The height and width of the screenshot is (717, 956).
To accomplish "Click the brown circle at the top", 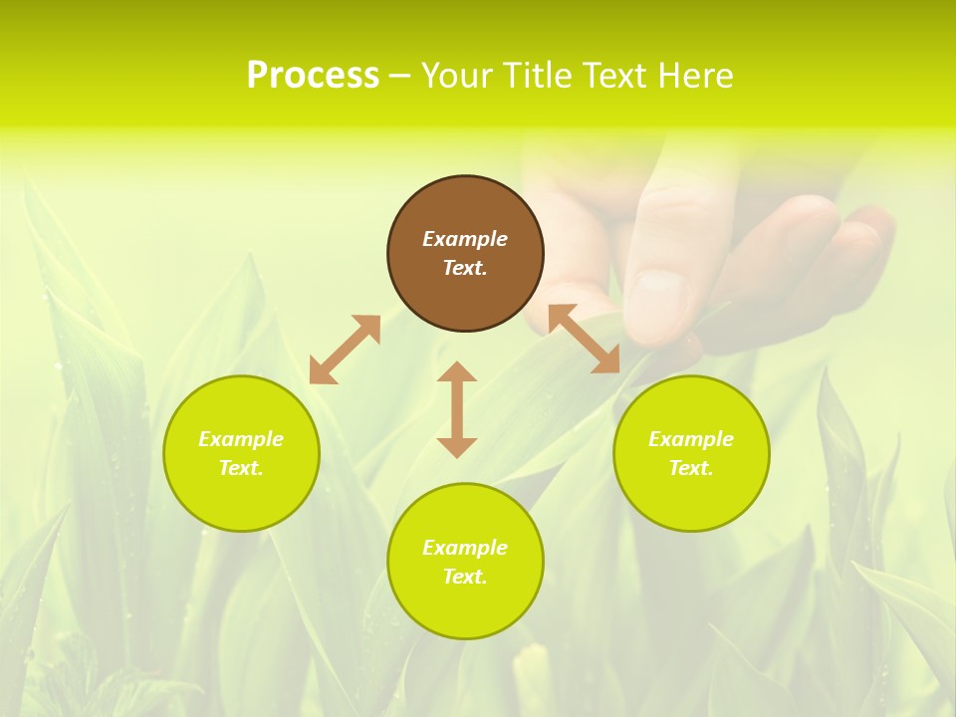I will [465, 254].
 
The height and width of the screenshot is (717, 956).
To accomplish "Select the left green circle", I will [241, 453].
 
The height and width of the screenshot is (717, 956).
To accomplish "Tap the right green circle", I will [691, 453].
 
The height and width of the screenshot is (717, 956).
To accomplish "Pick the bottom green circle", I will [465, 561].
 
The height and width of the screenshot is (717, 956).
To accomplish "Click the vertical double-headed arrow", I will [457, 409].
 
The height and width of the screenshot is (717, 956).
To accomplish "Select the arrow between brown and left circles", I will [345, 350].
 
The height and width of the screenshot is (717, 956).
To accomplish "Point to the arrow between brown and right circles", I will [585, 339].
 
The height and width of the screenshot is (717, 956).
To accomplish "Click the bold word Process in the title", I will [313, 76].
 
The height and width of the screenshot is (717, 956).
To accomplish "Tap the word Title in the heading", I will [539, 76].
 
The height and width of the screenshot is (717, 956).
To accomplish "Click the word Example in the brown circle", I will [465, 239].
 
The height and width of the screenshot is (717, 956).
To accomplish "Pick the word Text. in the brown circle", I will [465, 268].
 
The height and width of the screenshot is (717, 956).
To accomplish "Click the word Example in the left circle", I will [241, 439].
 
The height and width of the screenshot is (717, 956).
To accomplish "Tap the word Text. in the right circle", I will [691, 468].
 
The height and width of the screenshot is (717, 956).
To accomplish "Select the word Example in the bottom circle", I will [465, 548].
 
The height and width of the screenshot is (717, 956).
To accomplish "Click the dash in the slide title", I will [400, 76].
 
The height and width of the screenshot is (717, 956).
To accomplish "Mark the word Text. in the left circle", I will [241, 468].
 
